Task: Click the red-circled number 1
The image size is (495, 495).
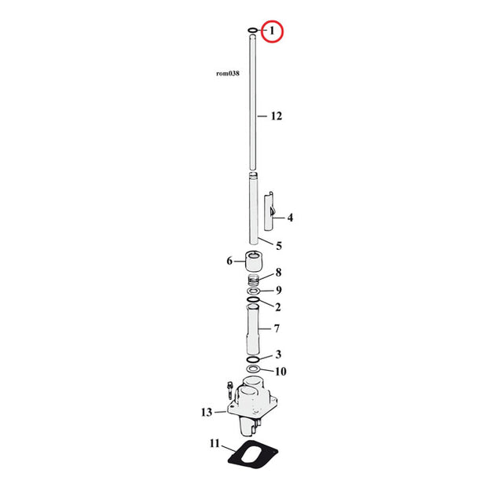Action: tap(272, 31)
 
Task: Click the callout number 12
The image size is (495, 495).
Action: tap(277, 116)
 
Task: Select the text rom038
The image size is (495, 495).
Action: tap(228, 74)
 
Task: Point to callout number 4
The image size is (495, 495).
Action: tap(290, 218)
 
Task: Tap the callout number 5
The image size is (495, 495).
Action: tap(279, 246)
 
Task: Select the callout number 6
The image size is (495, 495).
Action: tap(229, 261)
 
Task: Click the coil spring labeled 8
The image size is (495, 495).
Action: tap(254, 280)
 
